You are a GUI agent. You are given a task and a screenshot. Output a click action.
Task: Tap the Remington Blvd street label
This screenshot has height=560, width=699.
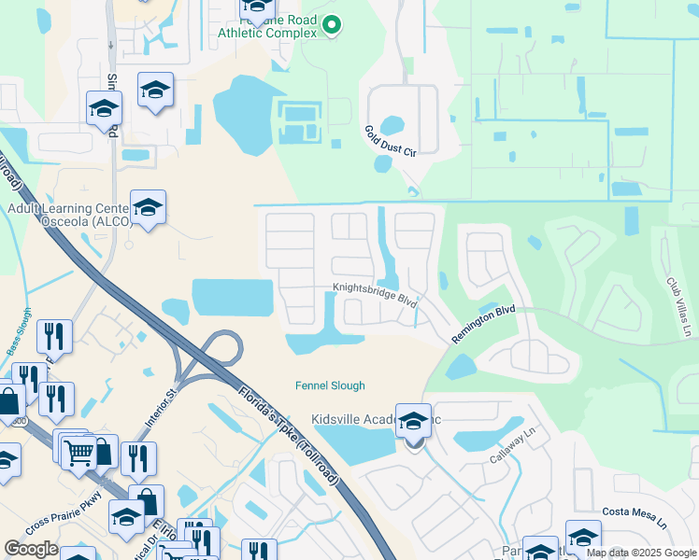click(484, 325)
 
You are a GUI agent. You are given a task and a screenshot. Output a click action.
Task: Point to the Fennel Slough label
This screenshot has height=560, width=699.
click(330, 385)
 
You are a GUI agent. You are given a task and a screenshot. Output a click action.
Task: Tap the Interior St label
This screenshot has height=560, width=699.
click(158, 410)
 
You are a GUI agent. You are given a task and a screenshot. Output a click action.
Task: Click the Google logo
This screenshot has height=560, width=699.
click(32, 549)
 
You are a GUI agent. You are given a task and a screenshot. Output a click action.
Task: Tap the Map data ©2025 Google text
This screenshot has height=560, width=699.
click(641, 553)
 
